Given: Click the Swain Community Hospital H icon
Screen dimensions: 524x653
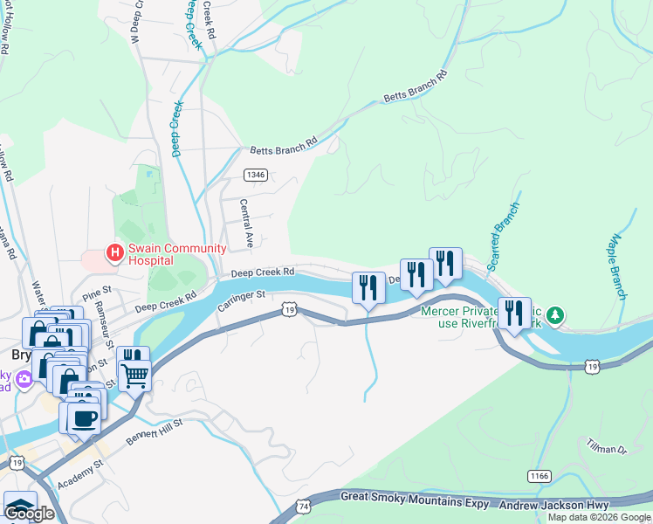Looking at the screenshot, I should (113, 254).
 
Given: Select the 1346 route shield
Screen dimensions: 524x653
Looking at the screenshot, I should (256, 175).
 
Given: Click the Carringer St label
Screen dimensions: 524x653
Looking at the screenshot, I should (241, 300).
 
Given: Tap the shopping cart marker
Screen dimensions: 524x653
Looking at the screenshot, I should (135, 376).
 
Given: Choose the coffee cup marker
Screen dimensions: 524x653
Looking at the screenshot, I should (85, 418).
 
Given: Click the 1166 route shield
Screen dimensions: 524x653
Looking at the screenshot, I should (538, 475).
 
